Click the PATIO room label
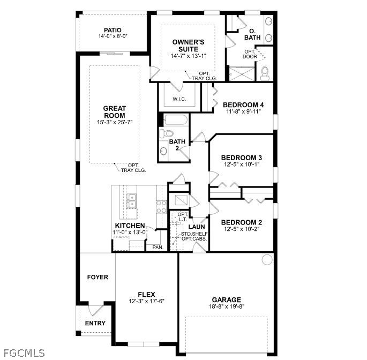(113, 30)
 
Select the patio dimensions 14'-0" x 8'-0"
(113, 36)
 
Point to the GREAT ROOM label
(114, 112)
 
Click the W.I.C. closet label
(178, 99)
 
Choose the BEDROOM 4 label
(243, 104)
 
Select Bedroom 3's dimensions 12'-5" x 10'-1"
(242, 164)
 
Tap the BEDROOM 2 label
(242, 222)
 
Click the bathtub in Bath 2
(175, 119)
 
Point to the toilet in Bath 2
(167, 133)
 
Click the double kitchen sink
(131, 201)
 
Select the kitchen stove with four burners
(161, 206)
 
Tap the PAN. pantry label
(158, 247)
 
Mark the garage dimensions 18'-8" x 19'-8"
(226, 307)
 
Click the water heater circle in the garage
(266, 260)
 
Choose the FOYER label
(98, 277)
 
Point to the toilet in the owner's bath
(265, 74)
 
